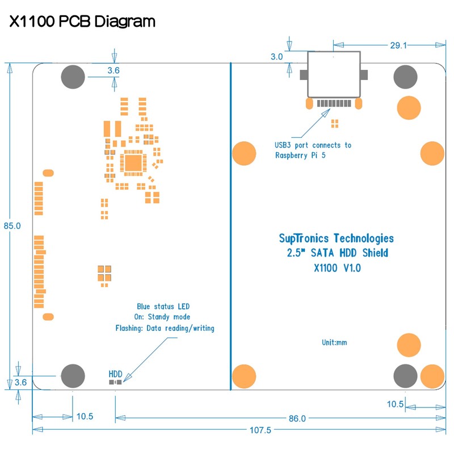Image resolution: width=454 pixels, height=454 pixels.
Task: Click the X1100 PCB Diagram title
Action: pyautogui.click(x=82, y=22)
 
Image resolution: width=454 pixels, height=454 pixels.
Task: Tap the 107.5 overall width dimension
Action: pyautogui.click(x=260, y=430)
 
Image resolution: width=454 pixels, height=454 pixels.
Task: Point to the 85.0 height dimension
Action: pyautogui.click(x=12, y=225)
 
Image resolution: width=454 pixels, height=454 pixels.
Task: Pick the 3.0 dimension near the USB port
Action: pyautogui.click(x=276, y=57)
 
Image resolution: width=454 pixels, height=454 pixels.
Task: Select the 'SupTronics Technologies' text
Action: pyautogui.click(x=337, y=238)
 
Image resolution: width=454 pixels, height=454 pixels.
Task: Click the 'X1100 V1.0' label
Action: pyautogui.click(x=337, y=268)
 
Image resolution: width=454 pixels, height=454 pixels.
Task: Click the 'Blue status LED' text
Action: pyautogui.click(x=163, y=306)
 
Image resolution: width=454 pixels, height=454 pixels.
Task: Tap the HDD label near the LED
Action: pyautogui.click(x=115, y=374)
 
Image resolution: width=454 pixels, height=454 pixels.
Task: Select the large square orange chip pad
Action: pyautogui.click(x=134, y=163)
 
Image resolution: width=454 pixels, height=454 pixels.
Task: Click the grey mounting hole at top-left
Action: pyautogui.click(x=73, y=77)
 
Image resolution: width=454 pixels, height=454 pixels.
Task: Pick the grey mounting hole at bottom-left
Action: pyautogui.click(x=73, y=375)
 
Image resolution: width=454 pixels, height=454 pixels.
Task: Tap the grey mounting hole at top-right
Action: pyautogui.click(x=406, y=77)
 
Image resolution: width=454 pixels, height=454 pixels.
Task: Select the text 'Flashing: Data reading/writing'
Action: pyautogui.click(x=165, y=329)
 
